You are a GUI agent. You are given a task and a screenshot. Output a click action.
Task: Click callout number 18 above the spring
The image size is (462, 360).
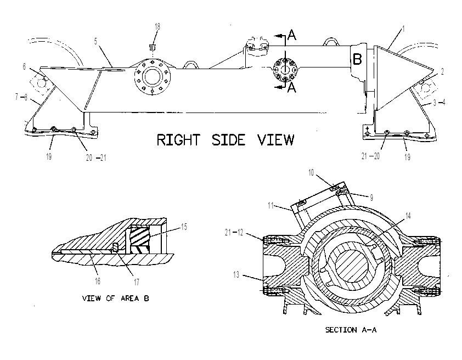point(157,26)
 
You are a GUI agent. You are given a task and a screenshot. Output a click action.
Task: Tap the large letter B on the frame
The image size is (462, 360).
point(357,59)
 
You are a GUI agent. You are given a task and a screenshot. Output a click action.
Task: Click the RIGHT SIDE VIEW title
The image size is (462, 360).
point(226,139)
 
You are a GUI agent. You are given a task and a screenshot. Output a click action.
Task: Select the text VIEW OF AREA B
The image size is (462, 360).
point(115,299)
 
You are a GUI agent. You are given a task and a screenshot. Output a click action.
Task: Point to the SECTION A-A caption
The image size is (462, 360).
point(351,330)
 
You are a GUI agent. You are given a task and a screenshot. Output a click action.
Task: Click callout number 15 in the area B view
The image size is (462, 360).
point(184,227)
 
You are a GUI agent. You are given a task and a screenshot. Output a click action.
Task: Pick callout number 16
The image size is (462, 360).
point(98,281)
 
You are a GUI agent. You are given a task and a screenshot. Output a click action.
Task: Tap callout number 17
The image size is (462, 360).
point(137,282)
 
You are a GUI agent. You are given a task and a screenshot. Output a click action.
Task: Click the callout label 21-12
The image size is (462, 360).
point(234,233)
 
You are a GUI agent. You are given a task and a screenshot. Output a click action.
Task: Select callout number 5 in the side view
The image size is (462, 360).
point(95,42)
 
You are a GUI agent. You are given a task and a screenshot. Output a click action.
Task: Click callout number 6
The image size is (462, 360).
point(25,66)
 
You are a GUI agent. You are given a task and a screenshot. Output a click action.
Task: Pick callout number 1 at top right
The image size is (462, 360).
point(404,29)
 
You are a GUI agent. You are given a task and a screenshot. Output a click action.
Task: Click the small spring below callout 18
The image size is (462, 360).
point(153,47)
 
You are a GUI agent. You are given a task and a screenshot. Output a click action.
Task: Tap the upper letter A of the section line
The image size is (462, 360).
point(292,35)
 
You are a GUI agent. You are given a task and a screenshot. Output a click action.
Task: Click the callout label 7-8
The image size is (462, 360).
point(21,97)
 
